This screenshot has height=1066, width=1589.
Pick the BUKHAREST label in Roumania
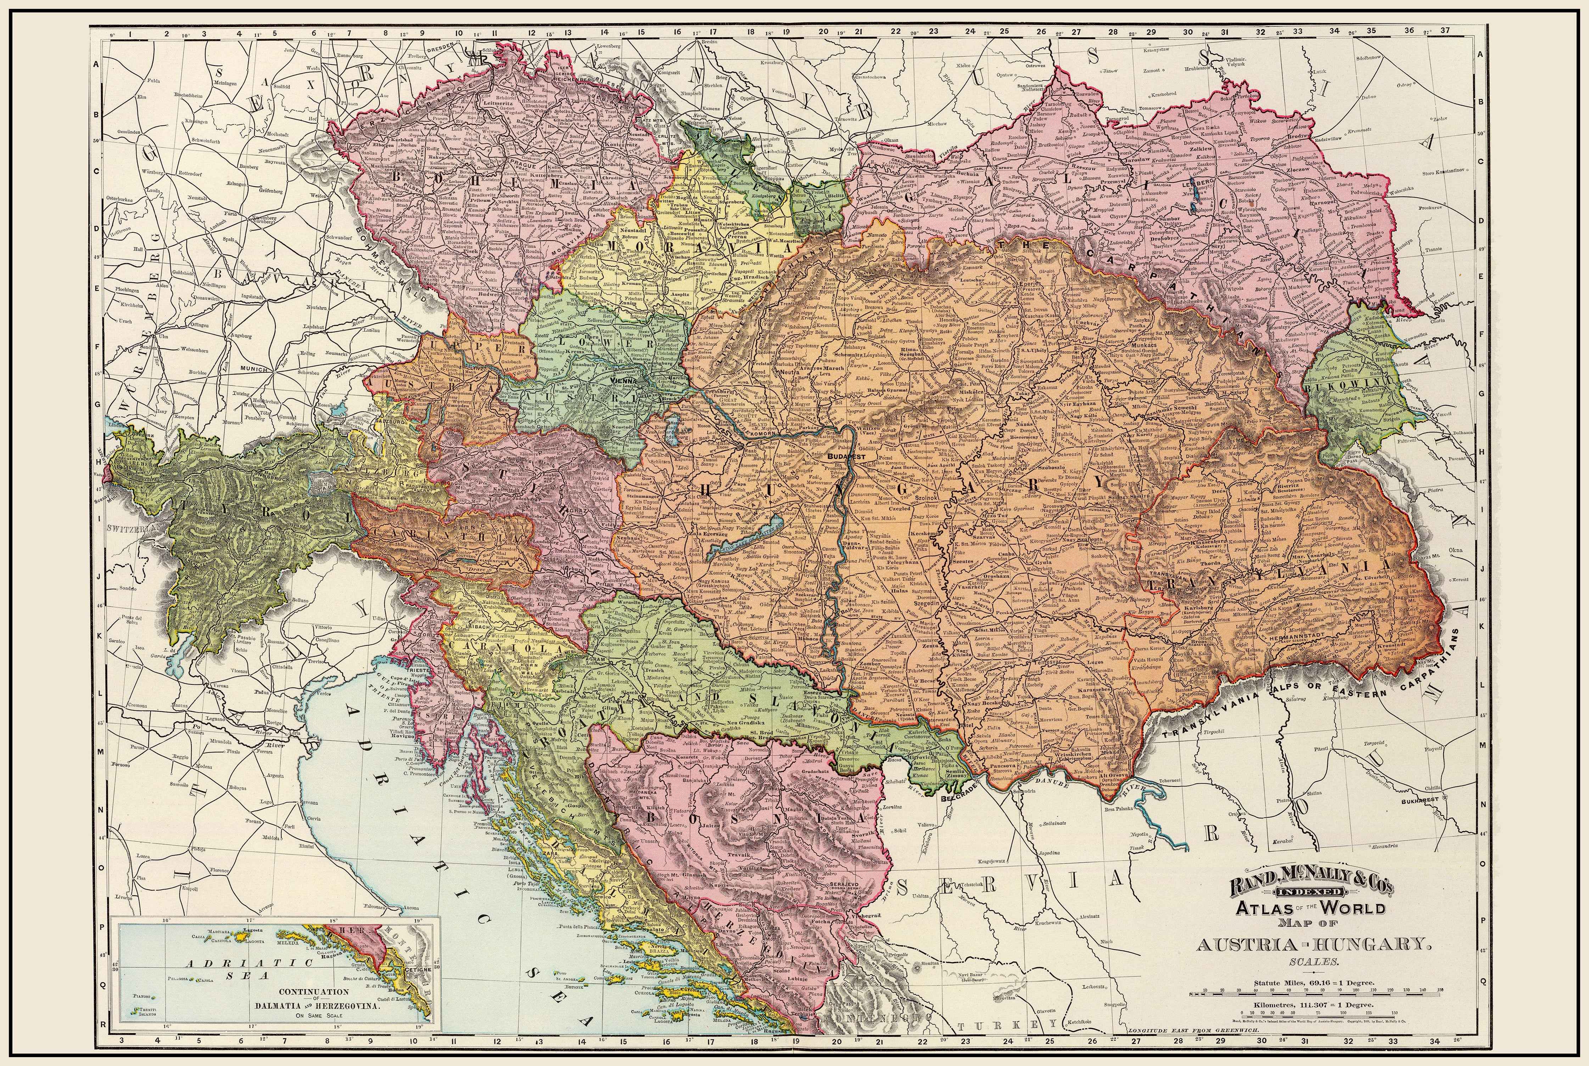pyautogui.click(x=1420, y=800)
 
